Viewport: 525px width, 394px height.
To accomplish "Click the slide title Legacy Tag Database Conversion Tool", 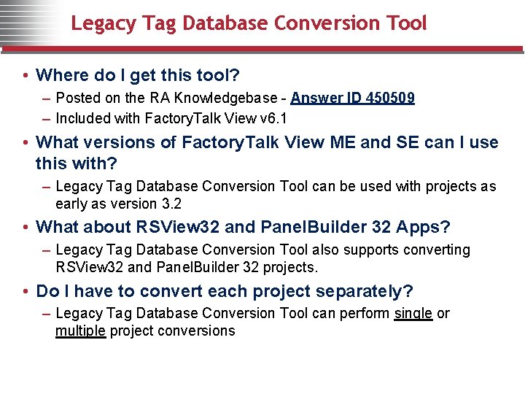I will tap(249, 23).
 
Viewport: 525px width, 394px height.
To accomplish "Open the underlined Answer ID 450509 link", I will tap(352, 98).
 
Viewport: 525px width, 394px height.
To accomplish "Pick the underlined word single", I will tap(413, 314).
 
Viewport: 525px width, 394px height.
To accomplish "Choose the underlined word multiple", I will tap(80, 331).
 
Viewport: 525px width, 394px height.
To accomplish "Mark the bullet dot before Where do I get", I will tap(26, 76).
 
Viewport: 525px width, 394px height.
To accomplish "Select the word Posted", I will tap(77, 98).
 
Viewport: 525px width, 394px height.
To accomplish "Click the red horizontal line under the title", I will tap(262, 49).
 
